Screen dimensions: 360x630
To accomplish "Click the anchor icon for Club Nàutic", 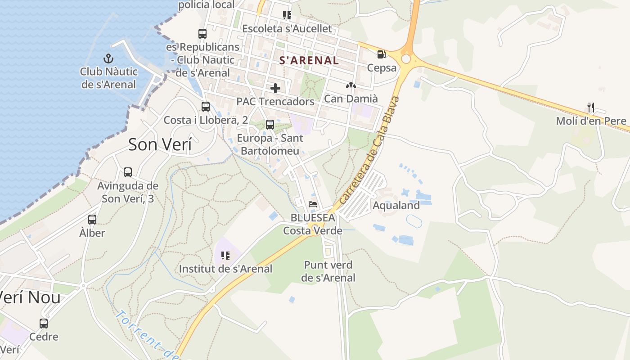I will tap(108, 58).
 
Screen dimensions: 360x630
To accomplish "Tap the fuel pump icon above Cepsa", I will tap(381, 54).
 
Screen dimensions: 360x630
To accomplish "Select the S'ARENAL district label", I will tap(309, 60).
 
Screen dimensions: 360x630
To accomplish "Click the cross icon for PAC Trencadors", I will tap(275, 88).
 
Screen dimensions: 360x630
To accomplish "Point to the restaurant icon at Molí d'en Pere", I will tap(591, 108).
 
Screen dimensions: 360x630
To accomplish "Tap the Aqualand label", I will tap(396, 206).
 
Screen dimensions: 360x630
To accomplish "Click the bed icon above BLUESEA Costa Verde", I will tap(313, 204).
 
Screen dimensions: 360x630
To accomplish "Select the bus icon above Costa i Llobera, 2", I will tap(206, 107).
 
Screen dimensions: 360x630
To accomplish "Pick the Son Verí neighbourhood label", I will tap(160, 145).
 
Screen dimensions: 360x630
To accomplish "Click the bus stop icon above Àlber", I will tap(92, 220).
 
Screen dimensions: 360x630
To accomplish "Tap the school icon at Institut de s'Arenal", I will tap(225, 256).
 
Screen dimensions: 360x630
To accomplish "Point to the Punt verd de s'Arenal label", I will tap(328, 271).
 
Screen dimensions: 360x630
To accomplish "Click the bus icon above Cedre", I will tap(44, 323).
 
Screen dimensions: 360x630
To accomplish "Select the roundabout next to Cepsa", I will tap(406, 59).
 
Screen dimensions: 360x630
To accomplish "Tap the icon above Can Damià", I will tap(351, 85).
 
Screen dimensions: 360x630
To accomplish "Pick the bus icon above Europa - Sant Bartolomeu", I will tap(270, 125).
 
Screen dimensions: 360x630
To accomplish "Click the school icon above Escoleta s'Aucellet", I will tap(287, 15).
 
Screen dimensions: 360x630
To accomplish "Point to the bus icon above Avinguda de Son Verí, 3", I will tap(128, 172).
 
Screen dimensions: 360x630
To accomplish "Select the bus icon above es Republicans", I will tap(202, 33).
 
